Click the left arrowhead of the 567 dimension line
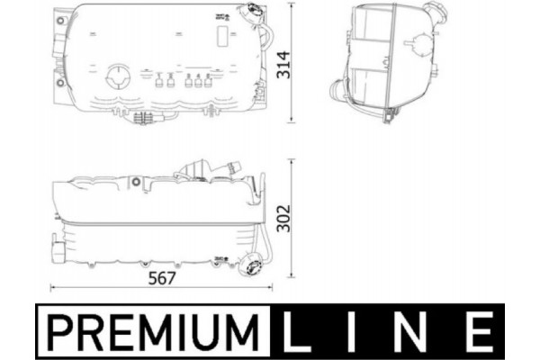(x=51, y=287)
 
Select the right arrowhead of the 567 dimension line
(x=268, y=287)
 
